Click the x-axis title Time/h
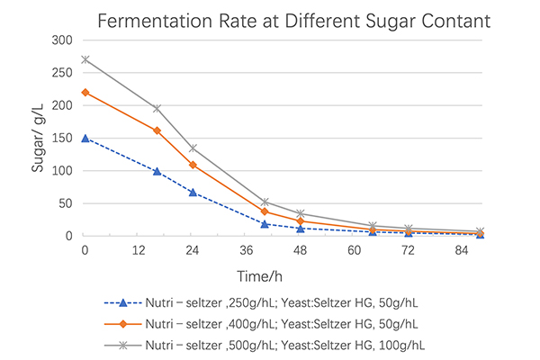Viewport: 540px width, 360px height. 282,274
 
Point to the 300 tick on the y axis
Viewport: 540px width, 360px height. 62,40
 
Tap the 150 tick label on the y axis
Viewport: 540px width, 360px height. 62,138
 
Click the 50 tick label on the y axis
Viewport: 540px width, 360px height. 66,203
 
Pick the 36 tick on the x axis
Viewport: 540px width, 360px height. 246,248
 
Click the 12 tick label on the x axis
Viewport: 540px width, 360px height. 139,248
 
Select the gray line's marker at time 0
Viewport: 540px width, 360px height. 85,59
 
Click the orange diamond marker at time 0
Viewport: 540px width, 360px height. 85,92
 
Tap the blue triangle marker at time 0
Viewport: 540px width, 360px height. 85,138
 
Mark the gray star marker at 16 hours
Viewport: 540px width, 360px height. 157,108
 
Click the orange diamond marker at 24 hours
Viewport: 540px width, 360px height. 193,165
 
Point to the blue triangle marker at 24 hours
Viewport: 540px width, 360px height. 193,192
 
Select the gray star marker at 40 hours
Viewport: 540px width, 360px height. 265,202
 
